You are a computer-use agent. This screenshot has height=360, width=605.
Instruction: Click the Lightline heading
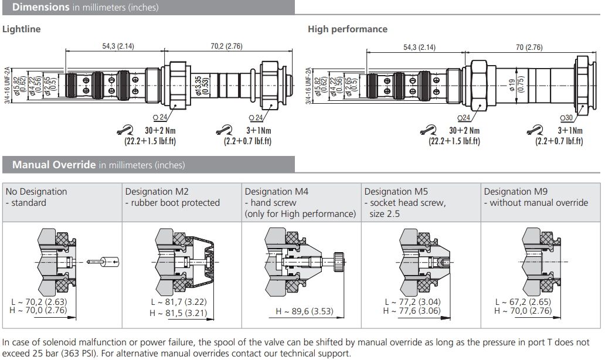point(22,29)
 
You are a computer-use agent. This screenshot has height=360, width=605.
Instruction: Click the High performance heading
point(347,29)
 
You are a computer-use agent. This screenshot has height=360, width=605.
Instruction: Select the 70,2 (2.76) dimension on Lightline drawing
point(226,46)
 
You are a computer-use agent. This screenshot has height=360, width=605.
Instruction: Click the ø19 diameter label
point(512,86)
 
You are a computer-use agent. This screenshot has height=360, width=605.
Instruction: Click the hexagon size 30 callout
point(568,118)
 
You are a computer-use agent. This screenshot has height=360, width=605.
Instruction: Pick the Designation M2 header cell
point(157,192)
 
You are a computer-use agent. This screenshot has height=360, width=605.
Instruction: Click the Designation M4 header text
point(276,192)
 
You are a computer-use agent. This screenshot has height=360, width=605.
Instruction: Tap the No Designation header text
point(36,192)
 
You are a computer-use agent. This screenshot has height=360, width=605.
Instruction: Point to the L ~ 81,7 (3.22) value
point(178,302)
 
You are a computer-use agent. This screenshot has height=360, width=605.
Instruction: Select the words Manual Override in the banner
point(54,165)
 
